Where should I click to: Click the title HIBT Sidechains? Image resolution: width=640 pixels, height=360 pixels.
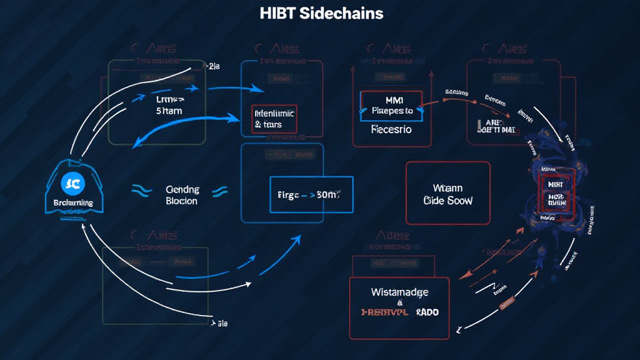tap(321, 12)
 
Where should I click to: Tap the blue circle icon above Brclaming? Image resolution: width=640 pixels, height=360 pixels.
tap(69, 184)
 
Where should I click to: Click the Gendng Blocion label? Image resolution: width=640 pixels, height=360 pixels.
tap(182, 195)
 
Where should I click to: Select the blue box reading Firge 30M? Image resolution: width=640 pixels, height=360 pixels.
tap(311, 194)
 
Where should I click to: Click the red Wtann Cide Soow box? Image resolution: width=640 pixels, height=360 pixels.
tap(448, 194)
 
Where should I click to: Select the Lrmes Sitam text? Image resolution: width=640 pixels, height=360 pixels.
tap(170, 104)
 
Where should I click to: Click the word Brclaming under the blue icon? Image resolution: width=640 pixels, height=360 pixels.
tap(69, 203)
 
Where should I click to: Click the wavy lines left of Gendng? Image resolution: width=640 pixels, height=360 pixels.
tap(141, 190)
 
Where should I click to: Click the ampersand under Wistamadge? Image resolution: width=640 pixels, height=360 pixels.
tap(399, 301)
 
